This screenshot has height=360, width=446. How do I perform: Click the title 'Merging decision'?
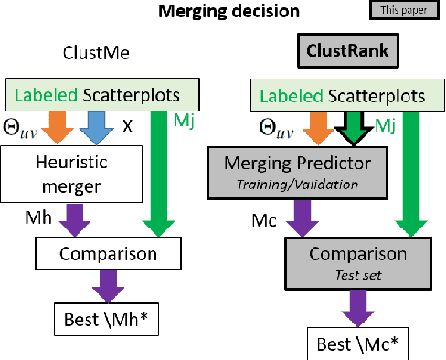click(222, 13)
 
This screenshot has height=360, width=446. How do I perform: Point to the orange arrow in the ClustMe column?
click(58, 126)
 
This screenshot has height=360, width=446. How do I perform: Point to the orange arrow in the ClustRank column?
click(292, 126)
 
